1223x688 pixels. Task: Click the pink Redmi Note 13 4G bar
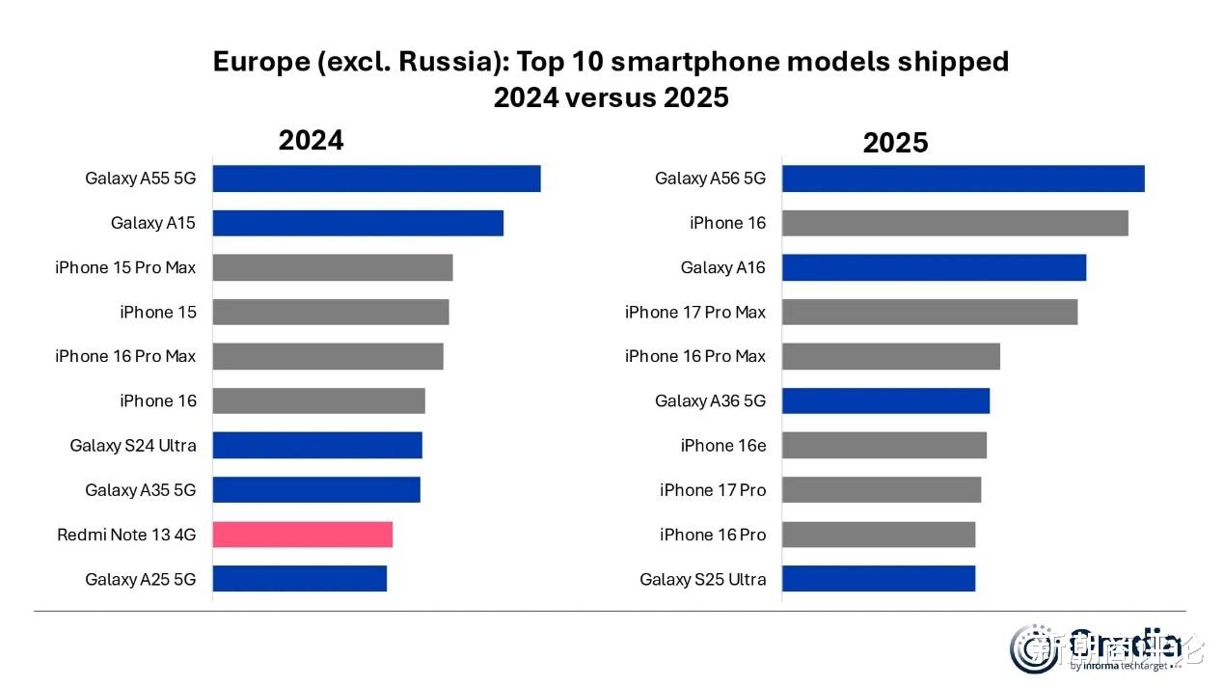302,534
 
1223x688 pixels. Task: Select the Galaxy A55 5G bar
376,179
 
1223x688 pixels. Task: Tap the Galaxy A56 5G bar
963,179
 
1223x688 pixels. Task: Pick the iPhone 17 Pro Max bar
929,312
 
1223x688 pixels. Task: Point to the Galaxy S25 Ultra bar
878,578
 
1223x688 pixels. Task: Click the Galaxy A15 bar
358,223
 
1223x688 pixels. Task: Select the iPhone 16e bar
883,445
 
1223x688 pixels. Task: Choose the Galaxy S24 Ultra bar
317,445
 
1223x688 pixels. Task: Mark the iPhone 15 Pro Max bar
332,267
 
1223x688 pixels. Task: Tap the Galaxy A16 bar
934,267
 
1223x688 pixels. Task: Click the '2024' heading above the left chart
311,141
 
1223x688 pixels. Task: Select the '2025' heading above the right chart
895,144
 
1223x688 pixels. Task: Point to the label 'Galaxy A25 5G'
140,579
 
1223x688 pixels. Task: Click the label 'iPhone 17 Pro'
713,490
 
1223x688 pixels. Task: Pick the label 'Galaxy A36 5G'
710,400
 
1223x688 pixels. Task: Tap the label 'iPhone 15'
157,312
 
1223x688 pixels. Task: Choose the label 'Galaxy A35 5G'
140,490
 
